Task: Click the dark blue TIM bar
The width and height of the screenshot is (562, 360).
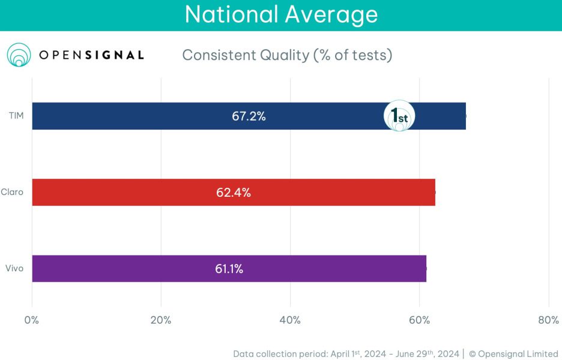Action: (x=150, y=116)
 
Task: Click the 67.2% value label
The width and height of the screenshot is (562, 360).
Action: (x=249, y=116)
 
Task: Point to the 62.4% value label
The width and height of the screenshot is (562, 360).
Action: (x=233, y=193)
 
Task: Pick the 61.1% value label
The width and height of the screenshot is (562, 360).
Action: (x=229, y=269)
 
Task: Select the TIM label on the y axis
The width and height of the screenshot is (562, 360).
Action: (x=16, y=116)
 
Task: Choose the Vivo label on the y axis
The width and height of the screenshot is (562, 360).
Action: (x=14, y=268)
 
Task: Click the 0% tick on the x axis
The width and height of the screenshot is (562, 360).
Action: (x=32, y=320)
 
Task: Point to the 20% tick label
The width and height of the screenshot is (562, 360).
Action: (x=160, y=320)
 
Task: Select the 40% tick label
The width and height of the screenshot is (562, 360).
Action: (x=290, y=320)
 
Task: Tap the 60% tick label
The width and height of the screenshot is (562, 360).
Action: (x=419, y=320)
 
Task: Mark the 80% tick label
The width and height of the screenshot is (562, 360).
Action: (x=548, y=320)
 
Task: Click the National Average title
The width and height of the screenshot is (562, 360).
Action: (x=281, y=14)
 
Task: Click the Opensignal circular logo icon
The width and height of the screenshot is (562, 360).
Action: (x=19, y=55)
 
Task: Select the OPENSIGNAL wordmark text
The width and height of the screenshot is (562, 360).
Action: (x=91, y=55)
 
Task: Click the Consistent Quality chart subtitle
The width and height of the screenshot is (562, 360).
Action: (x=287, y=55)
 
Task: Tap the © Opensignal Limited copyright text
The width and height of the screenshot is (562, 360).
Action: (x=513, y=353)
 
